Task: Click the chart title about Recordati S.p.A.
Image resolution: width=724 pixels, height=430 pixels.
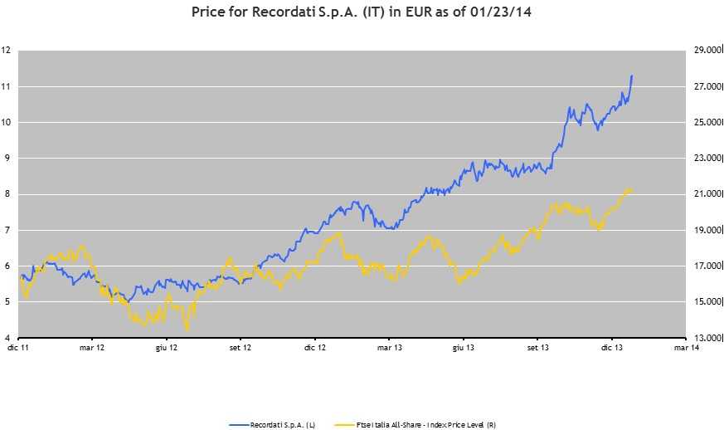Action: pos(362,12)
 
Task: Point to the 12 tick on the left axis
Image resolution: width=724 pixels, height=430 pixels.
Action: pos(6,51)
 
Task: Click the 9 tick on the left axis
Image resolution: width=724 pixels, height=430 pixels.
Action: pos(6,158)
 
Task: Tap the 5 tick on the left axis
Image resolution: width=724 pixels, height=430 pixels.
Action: pos(6,302)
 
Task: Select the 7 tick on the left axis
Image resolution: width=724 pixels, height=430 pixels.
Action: pos(6,230)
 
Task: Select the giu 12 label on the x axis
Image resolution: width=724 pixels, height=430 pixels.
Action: pos(167,349)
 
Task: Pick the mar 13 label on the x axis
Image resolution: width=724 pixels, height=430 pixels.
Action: pos(388,349)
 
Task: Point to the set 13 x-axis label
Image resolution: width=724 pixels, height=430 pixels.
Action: pos(537,349)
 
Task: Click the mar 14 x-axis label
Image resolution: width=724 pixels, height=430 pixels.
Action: pos(685,349)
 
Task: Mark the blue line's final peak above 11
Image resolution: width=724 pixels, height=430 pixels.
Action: pos(632,76)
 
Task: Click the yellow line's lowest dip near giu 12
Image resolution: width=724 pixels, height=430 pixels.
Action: pos(187,330)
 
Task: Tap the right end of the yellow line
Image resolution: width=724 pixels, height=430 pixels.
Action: pos(632,190)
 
